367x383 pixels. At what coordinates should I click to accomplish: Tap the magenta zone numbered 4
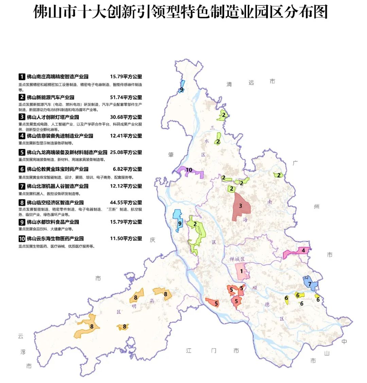tap(296, 252)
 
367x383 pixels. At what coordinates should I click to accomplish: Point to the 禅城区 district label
tap(237, 259)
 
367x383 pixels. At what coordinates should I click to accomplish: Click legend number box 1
tap(22, 77)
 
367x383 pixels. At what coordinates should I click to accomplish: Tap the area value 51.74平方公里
tap(126, 97)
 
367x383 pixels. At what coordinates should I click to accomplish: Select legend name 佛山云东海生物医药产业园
tap(55, 239)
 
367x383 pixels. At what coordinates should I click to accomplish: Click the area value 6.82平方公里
tap(127, 169)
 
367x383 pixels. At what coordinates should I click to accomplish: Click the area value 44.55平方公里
tap(126, 203)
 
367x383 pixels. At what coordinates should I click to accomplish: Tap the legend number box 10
tap(22, 239)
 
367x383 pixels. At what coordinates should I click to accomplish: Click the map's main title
tap(180, 13)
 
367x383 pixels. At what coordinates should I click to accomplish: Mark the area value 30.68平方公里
tap(126, 117)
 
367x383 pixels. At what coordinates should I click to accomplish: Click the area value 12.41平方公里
tap(126, 136)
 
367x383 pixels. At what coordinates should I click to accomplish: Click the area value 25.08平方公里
tap(126, 152)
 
